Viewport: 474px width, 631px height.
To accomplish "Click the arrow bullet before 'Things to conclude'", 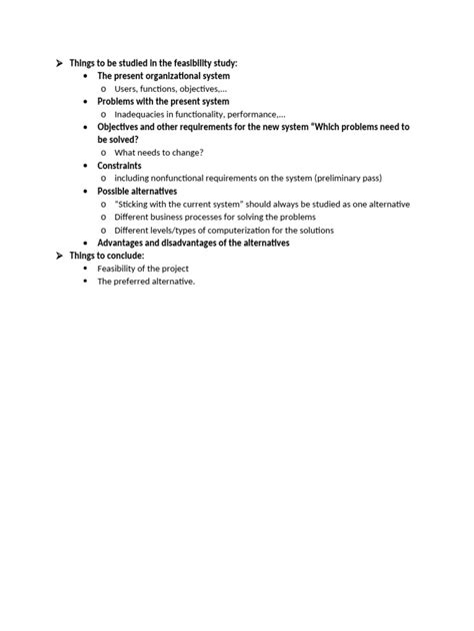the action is [x=58, y=256].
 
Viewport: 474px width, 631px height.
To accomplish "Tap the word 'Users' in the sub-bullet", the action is [x=126, y=89].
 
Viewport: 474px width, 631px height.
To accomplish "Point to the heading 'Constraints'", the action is [x=119, y=165].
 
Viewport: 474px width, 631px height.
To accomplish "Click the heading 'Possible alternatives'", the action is [x=138, y=191].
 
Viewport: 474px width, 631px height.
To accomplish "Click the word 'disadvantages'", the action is [x=197, y=243].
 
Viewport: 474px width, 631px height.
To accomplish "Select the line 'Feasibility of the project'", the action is [x=143, y=268].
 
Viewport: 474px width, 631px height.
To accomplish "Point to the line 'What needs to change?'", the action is [x=159, y=152].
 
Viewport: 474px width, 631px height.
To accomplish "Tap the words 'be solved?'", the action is [x=118, y=140].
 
